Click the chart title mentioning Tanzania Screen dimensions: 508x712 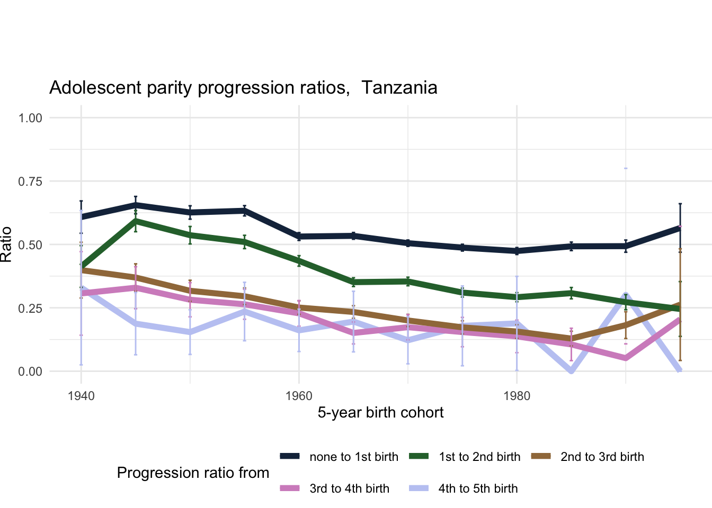click(243, 87)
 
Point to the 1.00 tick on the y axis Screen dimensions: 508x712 click(30, 117)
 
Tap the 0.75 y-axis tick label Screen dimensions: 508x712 click(30, 181)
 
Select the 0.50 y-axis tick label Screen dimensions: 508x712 click(30, 244)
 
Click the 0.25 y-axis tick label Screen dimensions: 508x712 click(30, 308)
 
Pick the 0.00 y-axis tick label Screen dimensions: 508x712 click(30, 371)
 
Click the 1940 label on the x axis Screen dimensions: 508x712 click(81, 396)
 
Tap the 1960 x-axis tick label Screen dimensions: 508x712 click(299, 396)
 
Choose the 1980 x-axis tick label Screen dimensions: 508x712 click(517, 396)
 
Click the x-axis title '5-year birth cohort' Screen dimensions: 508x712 click(380, 413)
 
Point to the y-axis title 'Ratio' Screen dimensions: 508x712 click(6, 244)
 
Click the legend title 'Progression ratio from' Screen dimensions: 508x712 click(193, 473)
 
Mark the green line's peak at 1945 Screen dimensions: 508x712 click(136, 220)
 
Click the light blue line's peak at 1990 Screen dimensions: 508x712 click(626, 294)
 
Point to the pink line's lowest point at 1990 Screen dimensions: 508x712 click(626, 358)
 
